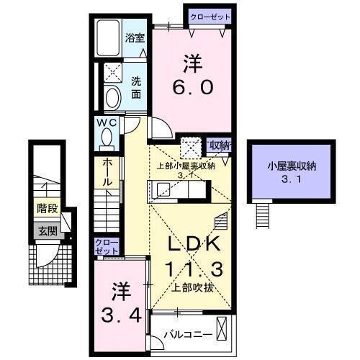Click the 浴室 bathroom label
click(135, 37)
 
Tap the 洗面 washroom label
click(135, 88)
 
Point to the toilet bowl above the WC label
click(113, 97)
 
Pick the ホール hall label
click(107, 172)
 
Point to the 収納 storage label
click(220, 145)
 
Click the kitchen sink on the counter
click(163, 190)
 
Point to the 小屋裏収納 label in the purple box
click(292, 166)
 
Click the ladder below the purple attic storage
click(263, 212)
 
